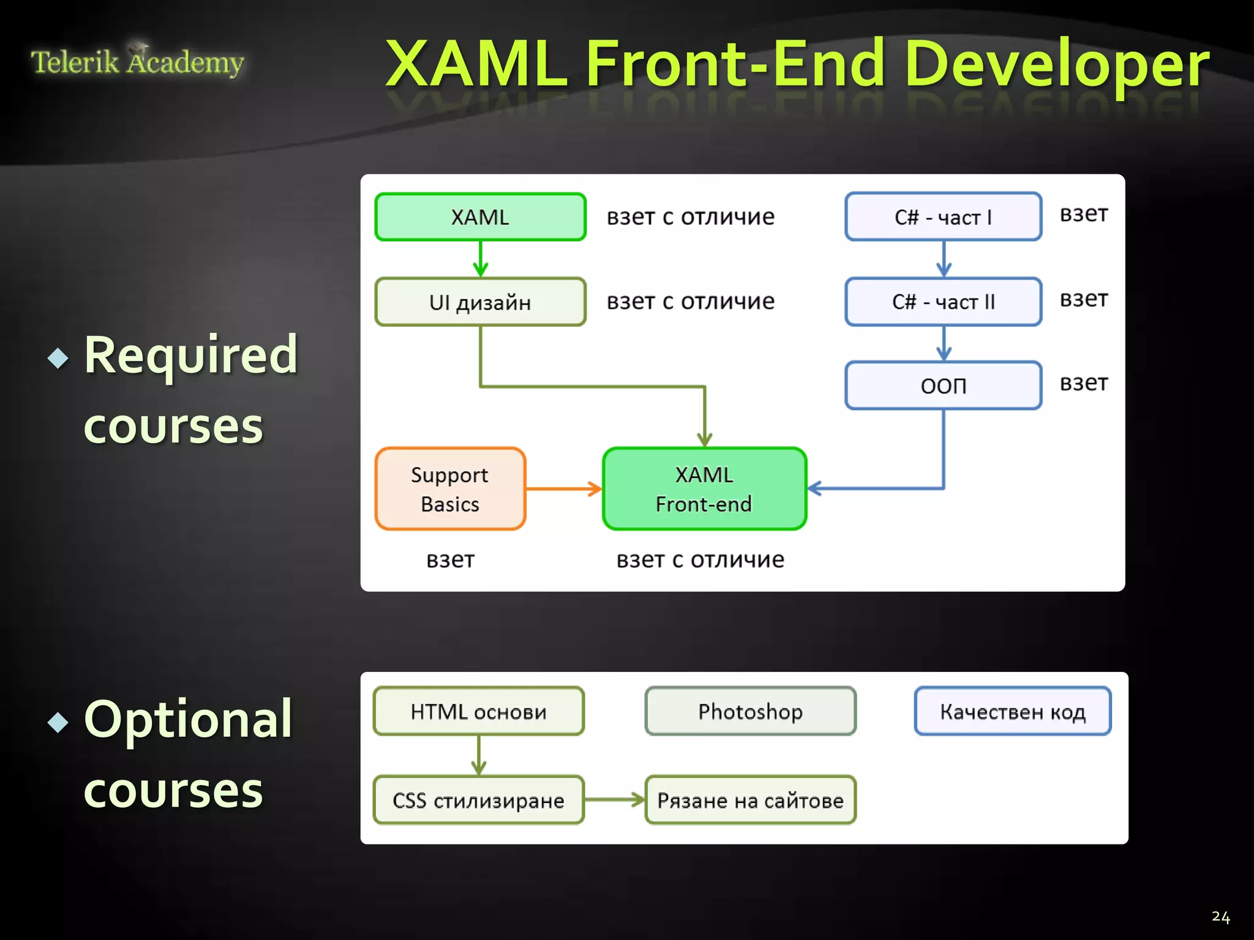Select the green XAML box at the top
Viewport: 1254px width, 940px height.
tap(481, 217)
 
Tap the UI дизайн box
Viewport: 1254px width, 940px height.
tap(481, 302)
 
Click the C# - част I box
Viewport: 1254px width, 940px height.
tap(943, 217)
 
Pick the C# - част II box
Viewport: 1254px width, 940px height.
tap(943, 302)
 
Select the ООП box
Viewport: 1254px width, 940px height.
tap(943, 386)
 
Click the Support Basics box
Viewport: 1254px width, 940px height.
tap(450, 489)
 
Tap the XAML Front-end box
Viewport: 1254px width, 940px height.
tap(704, 489)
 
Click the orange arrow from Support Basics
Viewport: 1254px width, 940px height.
tap(563, 489)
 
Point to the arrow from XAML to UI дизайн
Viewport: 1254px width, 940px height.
tap(481, 259)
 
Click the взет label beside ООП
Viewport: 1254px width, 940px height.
tap(1084, 383)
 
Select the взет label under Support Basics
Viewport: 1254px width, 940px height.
tap(450, 560)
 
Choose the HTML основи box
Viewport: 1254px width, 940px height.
tap(479, 711)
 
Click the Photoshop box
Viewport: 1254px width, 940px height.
tap(750, 711)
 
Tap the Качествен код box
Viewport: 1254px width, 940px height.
tap(1013, 711)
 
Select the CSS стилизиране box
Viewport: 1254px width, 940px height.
tap(479, 800)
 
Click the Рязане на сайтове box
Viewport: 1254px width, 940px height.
tap(750, 800)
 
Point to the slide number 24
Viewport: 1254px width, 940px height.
tap(1220, 917)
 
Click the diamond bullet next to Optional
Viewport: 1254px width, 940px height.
tap(58, 722)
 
